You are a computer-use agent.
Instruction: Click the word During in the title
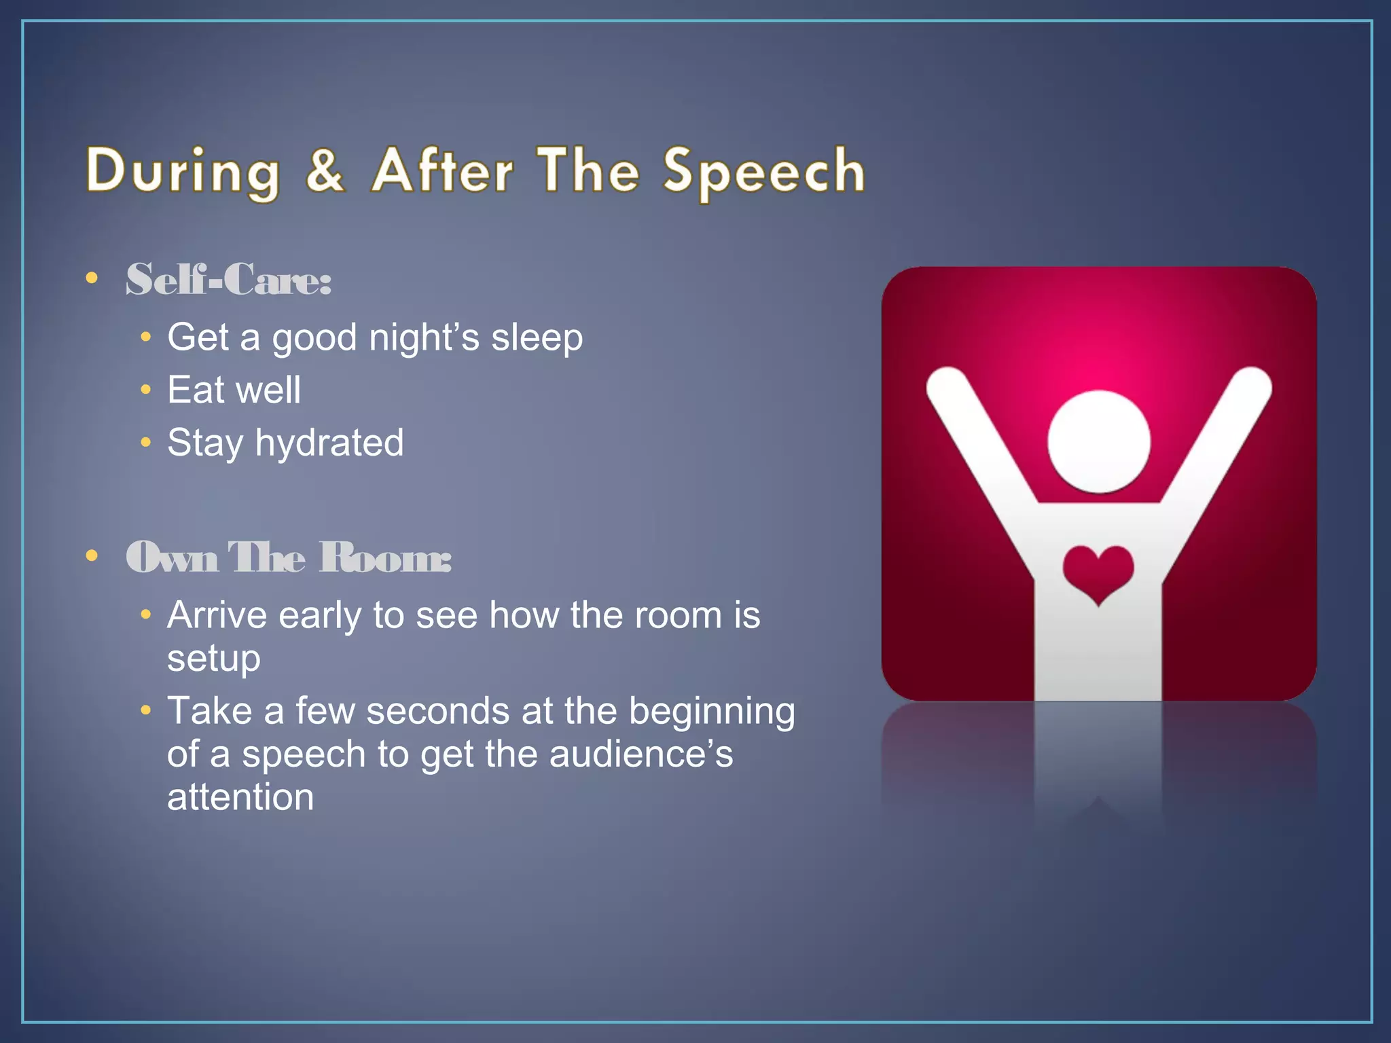tap(182, 172)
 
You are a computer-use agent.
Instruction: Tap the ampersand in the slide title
tap(325, 170)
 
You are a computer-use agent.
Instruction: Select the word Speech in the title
tap(763, 172)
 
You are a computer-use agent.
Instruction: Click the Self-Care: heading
tap(228, 279)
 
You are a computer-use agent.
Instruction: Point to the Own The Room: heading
tap(288, 557)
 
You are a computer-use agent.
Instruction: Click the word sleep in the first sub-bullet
tap(537, 337)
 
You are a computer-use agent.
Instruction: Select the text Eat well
tap(234, 390)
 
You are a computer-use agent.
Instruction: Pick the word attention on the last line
tap(240, 797)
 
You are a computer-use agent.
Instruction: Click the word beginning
tap(711, 712)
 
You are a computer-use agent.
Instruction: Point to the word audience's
tap(640, 754)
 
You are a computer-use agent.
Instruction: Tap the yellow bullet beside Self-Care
tap(92, 278)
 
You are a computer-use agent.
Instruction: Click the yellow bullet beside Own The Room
tap(92, 556)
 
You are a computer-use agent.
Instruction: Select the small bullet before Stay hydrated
tap(145, 443)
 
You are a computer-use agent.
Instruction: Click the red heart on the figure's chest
tap(1098, 571)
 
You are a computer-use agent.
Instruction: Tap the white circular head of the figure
tap(1098, 441)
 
